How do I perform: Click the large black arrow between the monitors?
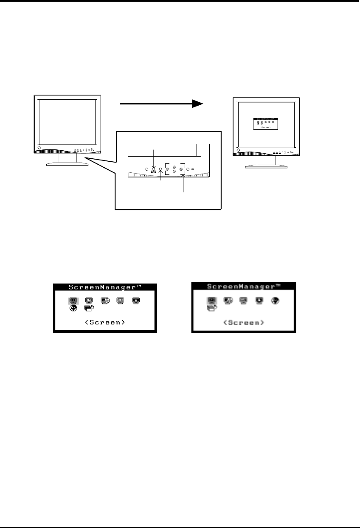click(161, 104)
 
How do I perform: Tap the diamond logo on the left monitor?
click(39, 148)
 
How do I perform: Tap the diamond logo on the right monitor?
click(239, 150)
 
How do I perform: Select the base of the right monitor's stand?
click(267, 166)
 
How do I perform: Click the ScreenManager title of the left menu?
click(105, 287)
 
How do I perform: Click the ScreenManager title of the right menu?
click(243, 286)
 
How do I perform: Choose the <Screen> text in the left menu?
click(105, 322)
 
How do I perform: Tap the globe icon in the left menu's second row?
click(73, 309)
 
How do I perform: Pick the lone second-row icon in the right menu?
click(211, 309)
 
